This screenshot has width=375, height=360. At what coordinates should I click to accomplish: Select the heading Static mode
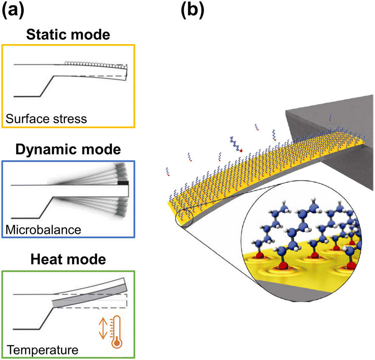pyautogui.click(x=68, y=34)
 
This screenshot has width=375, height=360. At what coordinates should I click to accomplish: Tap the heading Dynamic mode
pyautogui.click(x=68, y=149)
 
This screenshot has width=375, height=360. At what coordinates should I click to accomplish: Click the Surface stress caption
pyautogui.click(x=46, y=118)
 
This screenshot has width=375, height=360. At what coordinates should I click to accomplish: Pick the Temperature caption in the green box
pyautogui.click(x=43, y=350)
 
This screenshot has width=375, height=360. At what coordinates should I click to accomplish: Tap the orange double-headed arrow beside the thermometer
pyautogui.click(x=102, y=329)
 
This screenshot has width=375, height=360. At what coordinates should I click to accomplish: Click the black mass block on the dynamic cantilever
pyautogui.click(x=123, y=183)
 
